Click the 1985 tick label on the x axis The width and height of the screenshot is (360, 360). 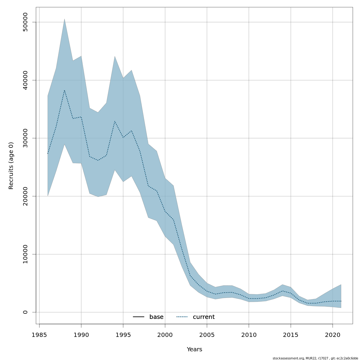[39, 335]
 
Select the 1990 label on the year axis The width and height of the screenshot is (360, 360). [81, 335]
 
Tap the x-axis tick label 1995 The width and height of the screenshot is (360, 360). [123, 335]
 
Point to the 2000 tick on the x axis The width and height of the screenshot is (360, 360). [165, 335]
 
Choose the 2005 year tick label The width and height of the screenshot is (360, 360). [207, 335]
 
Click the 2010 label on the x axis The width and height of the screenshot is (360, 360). [249, 335]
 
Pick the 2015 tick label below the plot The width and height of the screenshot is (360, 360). [291, 335]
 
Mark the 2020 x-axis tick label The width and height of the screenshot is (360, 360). [333, 335]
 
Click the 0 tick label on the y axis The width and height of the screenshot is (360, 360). [25, 312]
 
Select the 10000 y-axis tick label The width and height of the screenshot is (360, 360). [25, 254]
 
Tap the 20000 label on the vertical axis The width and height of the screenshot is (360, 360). [25, 196]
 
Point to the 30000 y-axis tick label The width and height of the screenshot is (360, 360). [25, 138]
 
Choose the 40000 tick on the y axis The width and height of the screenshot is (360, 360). [25, 80]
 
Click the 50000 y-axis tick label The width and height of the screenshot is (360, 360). [25, 22]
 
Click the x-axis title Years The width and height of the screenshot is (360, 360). [194, 349]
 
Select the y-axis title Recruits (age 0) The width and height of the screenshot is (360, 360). [11, 166]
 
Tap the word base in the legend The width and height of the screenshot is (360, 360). [156, 317]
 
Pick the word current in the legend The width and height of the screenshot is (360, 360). [204, 317]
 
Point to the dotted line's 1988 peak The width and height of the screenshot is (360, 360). [64, 90]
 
